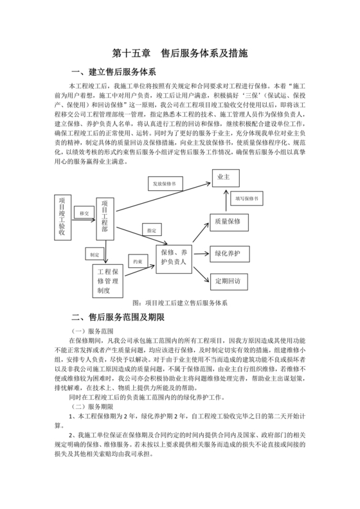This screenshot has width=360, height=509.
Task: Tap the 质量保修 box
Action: [225, 221]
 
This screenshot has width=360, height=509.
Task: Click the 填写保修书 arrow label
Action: [247, 199]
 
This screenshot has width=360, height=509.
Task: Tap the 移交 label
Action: [84, 212]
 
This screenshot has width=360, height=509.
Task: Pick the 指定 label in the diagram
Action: [151, 229]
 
